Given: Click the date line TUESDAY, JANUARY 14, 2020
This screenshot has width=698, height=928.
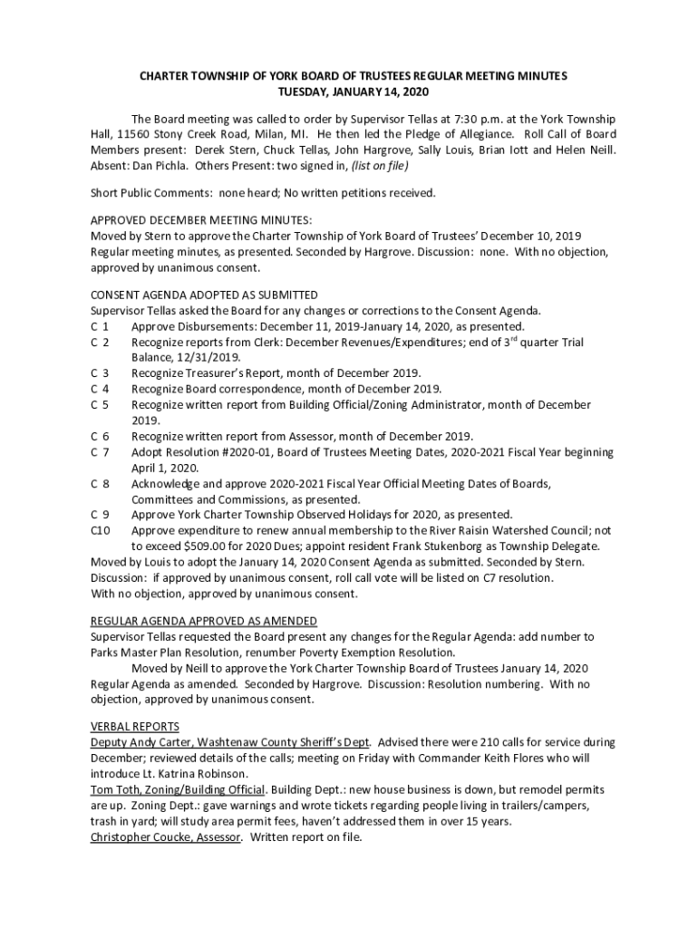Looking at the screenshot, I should click(x=353, y=92).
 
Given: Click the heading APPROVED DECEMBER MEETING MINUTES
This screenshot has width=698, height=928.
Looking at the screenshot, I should click(x=201, y=220).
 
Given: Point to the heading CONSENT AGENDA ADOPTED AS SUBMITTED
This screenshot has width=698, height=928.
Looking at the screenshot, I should click(x=204, y=295).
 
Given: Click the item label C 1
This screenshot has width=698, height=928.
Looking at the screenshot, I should click(x=100, y=326).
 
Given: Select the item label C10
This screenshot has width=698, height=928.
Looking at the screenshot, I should click(x=101, y=531).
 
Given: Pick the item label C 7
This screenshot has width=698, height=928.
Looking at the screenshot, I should click(x=100, y=452).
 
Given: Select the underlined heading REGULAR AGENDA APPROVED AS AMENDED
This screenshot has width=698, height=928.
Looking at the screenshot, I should click(x=204, y=621).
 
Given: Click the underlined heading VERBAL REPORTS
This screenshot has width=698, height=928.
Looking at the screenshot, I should click(x=135, y=727).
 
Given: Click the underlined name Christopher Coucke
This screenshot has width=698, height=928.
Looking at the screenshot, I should click(x=141, y=837).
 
